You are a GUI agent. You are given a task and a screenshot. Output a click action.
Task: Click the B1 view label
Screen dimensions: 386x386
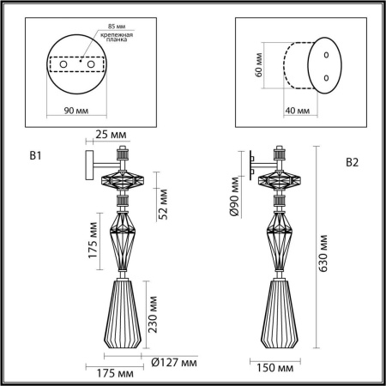click(x=36, y=156)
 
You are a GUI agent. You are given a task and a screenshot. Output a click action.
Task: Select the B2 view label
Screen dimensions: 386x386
click(x=353, y=162)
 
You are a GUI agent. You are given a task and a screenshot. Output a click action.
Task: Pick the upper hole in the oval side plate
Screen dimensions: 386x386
click(x=326, y=54)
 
